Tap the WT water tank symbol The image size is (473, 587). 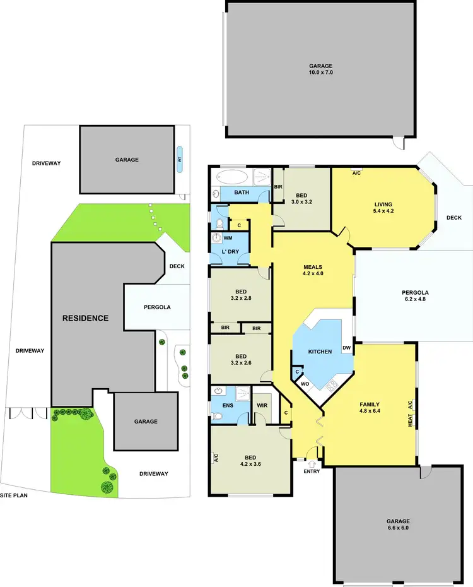(180, 160)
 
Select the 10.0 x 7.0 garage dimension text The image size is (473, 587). (320, 73)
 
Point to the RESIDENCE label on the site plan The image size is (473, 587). (85, 318)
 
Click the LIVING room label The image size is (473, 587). (383, 205)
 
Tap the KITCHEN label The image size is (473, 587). (320, 351)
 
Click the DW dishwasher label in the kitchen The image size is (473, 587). (346, 348)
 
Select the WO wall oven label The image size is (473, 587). (303, 383)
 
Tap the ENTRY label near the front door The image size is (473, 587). (312, 471)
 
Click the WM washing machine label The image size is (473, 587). (227, 238)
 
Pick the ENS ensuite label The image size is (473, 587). (228, 405)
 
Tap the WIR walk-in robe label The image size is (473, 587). (262, 405)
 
